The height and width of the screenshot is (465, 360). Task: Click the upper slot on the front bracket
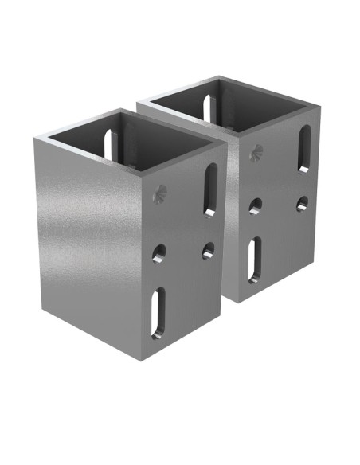pos(210,190)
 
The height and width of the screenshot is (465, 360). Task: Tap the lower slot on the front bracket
pos(159,313)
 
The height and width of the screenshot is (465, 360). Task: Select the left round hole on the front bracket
pos(159,255)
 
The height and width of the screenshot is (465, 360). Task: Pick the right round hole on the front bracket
pos(208,251)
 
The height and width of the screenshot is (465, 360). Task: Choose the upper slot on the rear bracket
pos(304,148)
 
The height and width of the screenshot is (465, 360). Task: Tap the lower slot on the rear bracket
pos(252,260)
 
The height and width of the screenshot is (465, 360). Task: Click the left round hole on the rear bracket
pos(254,207)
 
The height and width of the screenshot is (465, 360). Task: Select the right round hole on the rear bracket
pos(302,204)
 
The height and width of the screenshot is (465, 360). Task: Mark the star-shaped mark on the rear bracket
pos(255,152)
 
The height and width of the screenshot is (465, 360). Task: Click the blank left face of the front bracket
pos(88,239)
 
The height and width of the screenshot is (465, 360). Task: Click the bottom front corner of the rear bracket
pos(238,301)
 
